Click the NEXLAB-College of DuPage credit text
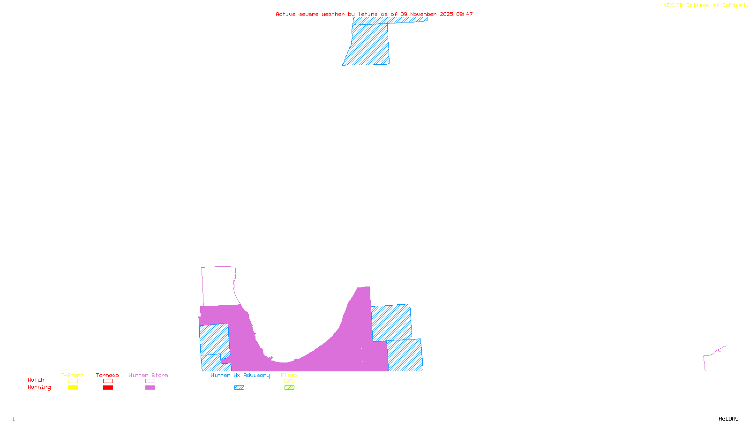click(705, 5)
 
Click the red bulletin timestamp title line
click(374, 14)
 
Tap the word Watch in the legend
click(36, 380)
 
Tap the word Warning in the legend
click(39, 387)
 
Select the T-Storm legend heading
click(72, 375)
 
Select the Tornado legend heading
click(107, 375)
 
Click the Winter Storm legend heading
click(148, 375)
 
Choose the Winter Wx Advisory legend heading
click(240, 375)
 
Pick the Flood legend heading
click(289, 375)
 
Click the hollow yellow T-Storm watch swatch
click(73, 381)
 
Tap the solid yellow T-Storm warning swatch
click(73, 388)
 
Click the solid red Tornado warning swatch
click(108, 388)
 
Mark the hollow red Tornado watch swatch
click(108, 381)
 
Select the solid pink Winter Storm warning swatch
click(150, 388)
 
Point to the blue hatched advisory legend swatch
click(239, 388)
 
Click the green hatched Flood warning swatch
click(290, 388)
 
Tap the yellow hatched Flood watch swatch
click(290, 381)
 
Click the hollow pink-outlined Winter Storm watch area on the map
click(218, 286)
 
